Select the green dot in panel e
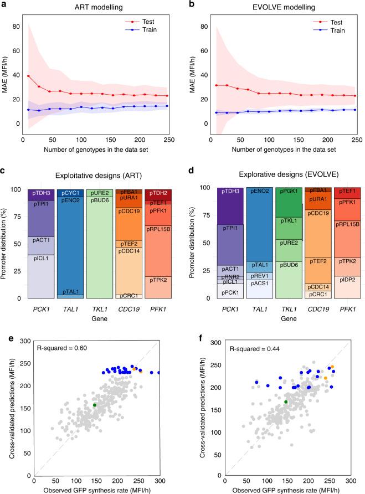pos(95,405)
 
